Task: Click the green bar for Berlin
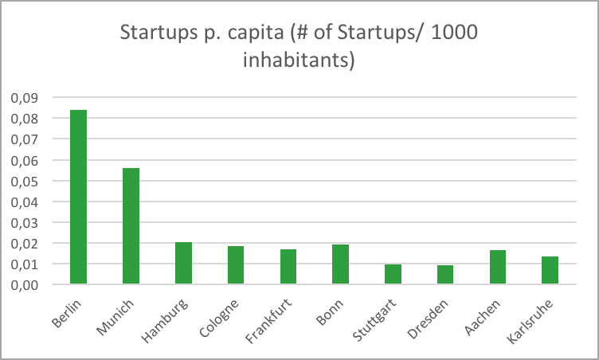pyautogui.click(x=78, y=197)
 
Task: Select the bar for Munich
pyautogui.click(x=131, y=226)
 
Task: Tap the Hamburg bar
pyautogui.click(x=183, y=263)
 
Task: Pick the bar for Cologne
pyautogui.click(x=236, y=265)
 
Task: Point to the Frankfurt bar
pyautogui.click(x=288, y=267)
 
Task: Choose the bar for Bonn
pyautogui.click(x=340, y=264)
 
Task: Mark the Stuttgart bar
pyautogui.click(x=393, y=274)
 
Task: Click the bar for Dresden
pyautogui.click(x=445, y=275)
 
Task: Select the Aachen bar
pyautogui.click(x=497, y=268)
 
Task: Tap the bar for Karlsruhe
pyautogui.click(x=550, y=271)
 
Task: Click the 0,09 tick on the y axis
pyautogui.click(x=24, y=98)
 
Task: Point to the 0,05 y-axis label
pyautogui.click(x=24, y=181)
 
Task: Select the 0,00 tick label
pyautogui.click(x=24, y=284)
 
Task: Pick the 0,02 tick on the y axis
pyautogui.click(x=24, y=243)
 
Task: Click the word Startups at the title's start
pyautogui.click(x=151, y=33)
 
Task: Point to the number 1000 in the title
pyautogui.click(x=457, y=33)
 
